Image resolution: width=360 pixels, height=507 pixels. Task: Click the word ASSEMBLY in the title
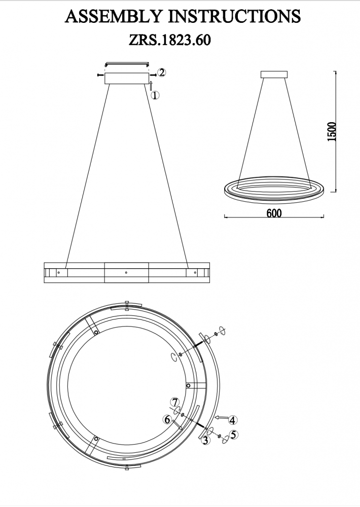tap(113, 17)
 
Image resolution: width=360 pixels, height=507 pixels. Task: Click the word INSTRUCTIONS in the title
tap(234, 17)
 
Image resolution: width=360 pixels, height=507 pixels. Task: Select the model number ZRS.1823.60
tap(170, 40)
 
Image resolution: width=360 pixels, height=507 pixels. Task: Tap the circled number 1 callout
tap(156, 95)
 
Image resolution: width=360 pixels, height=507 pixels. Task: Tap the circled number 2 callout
tap(161, 73)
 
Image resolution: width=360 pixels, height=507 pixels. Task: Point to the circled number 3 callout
tap(205, 440)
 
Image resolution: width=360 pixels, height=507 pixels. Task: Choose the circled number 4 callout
tap(232, 420)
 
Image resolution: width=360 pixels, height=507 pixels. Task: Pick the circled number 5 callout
tap(234, 435)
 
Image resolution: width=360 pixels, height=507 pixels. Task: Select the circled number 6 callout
tap(167, 419)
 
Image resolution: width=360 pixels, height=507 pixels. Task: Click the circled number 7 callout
tap(175, 403)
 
